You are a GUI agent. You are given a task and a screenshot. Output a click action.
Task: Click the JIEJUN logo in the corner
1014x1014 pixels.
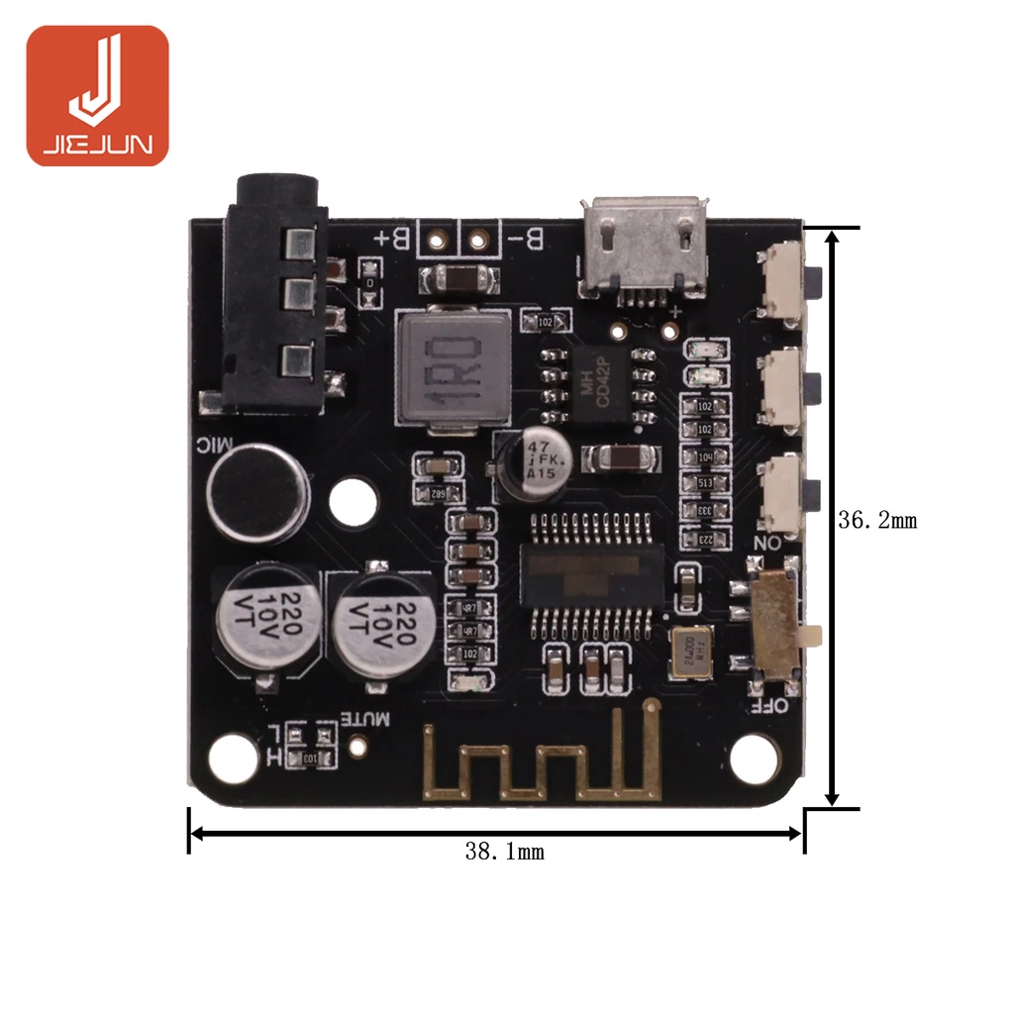[97, 95]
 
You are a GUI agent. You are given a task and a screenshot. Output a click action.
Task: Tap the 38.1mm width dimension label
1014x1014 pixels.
[504, 851]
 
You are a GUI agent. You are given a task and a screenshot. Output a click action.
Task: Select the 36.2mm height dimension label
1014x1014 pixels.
[877, 520]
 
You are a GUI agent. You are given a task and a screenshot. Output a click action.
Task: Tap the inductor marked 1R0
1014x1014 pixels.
[452, 367]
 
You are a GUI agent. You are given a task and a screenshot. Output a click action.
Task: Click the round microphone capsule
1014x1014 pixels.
[256, 492]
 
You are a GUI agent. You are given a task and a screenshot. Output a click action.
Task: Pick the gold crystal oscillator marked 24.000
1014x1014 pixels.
[691, 653]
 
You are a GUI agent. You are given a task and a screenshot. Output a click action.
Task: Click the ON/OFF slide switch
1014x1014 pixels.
[778, 627]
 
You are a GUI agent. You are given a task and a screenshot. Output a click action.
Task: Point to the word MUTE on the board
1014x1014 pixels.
[368, 718]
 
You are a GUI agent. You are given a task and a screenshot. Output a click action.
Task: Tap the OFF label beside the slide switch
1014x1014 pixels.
[768, 706]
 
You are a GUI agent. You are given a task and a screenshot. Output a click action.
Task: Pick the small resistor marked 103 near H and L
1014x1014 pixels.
[310, 758]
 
